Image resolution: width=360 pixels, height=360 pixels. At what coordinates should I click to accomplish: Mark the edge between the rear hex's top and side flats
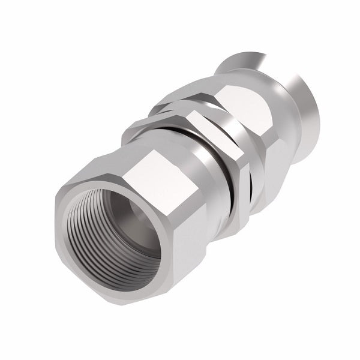click(267, 120)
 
